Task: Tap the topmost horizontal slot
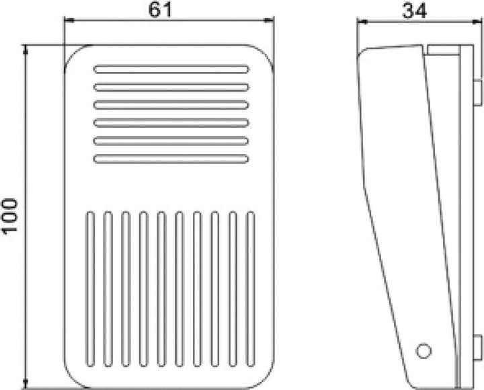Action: [x=171, y=69]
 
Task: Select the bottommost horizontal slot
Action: [x=171, y=158]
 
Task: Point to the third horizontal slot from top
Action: [x=171, y=104]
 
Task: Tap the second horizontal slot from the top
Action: [x=171, y=87]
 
